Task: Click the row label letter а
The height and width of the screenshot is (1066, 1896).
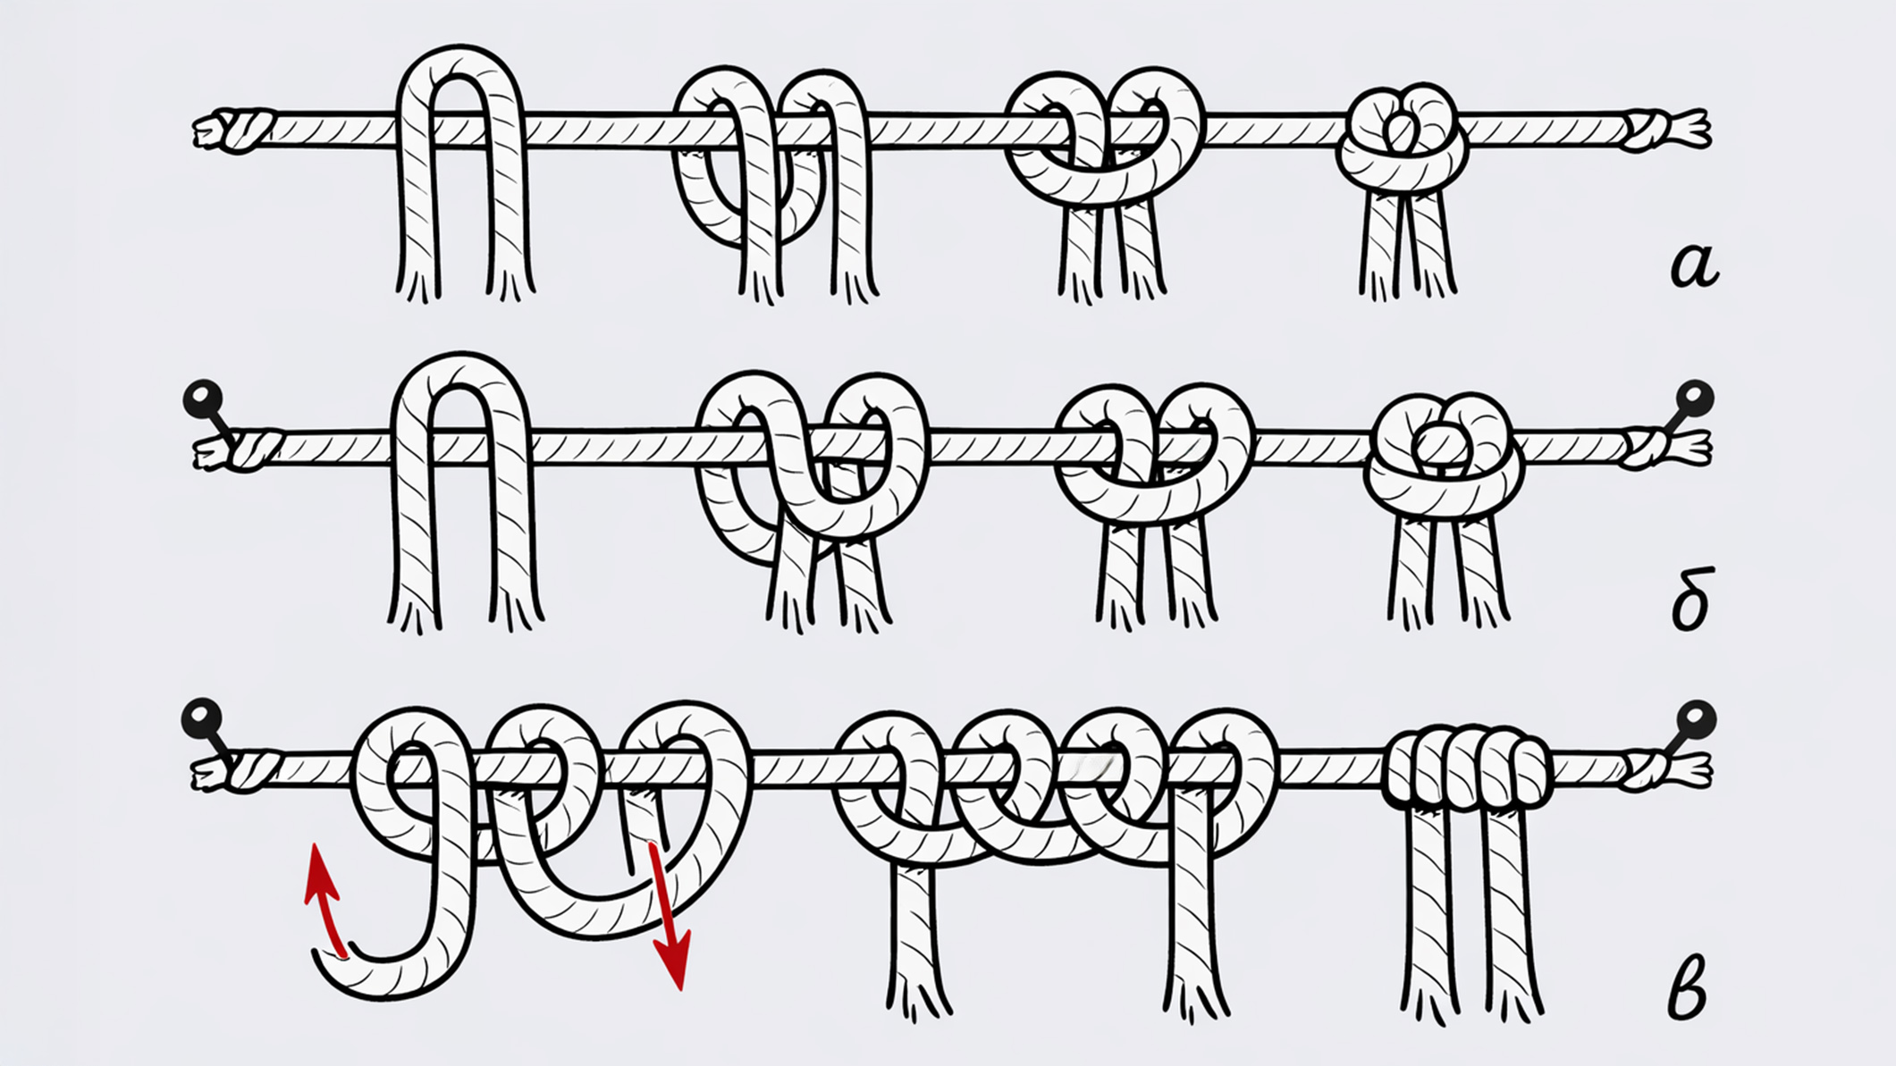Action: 1694,266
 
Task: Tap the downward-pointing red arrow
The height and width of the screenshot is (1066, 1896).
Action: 670,916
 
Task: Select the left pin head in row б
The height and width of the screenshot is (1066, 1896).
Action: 202,399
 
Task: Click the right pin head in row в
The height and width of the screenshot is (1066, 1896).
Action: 1696,718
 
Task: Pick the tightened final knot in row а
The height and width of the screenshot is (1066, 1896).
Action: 1402,138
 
